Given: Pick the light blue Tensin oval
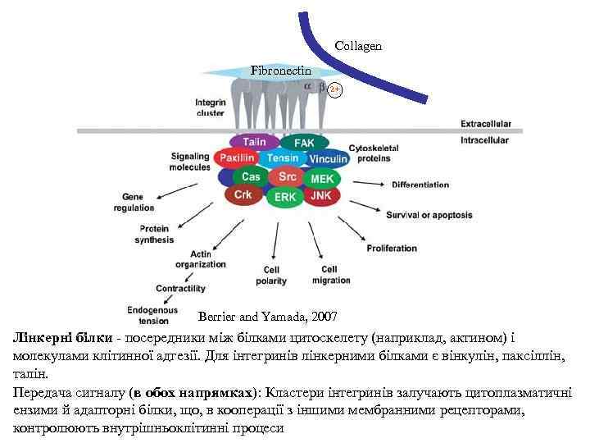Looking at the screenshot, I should point(283,158).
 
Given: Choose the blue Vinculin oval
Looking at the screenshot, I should point(328,158).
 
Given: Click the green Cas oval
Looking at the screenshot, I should point(251,176).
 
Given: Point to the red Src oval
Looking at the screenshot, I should point(288,176).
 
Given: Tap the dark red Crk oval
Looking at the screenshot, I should point(243,194).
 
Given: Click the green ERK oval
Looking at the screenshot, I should point(285,198).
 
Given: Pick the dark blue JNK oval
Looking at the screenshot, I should point(322,196).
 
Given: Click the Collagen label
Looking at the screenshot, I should point(358,47).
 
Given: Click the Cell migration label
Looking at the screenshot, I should point(330,275).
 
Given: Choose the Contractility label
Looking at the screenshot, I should point(180,289).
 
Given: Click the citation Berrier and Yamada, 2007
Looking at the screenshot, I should point(267,316).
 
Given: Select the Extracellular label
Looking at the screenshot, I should point(486,124).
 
